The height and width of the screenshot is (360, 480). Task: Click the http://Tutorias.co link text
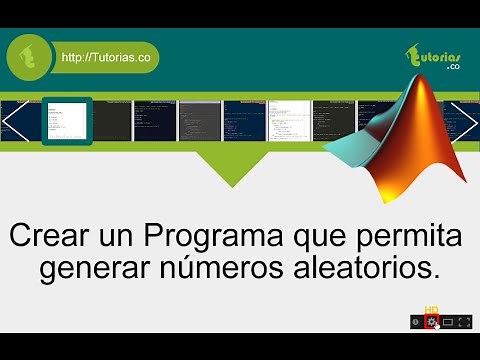point(106,58)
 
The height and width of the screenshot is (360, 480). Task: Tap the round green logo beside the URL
point(30,58)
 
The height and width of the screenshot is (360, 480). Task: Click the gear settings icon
point(432,321)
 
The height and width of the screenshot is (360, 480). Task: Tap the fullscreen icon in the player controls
point(464,321)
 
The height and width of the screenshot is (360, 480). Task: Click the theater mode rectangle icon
point(448,321)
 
